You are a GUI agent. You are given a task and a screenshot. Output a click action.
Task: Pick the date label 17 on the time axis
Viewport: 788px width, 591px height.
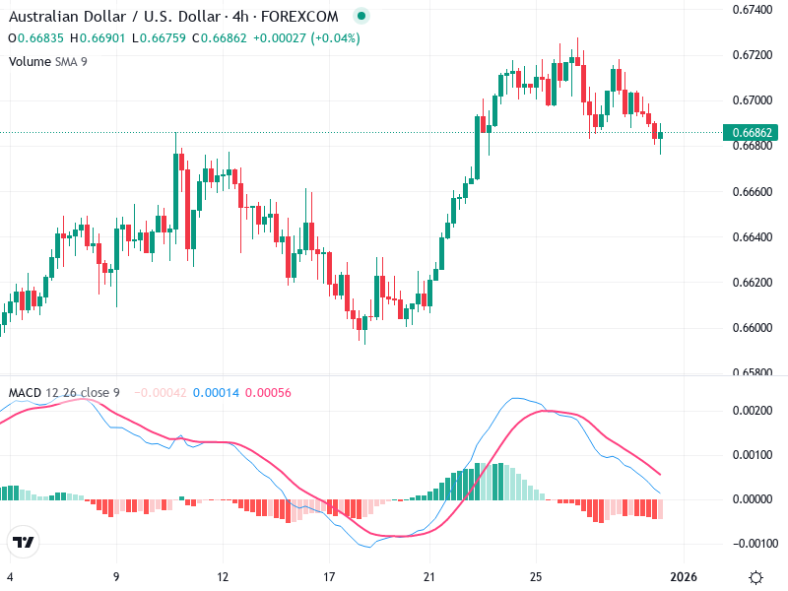coord(330,576)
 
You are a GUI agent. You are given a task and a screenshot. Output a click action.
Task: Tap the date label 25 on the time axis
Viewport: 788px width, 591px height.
coord(536,576)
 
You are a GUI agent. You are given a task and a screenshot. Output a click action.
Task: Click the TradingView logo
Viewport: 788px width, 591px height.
coord(24,542)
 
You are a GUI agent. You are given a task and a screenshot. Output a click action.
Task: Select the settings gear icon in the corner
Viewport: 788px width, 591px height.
coord(755,576)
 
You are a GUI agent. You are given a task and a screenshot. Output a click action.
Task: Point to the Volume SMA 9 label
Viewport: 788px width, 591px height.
coord(48,61)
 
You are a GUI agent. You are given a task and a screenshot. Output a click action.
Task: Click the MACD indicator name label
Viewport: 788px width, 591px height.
coord(25,393)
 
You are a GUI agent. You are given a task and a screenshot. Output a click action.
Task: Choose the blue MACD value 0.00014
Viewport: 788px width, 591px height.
coord(214,393)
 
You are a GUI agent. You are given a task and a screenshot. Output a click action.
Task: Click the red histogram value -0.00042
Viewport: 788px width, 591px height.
coord(161,393)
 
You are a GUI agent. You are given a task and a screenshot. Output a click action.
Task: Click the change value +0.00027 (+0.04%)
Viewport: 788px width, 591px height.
coord(307,38)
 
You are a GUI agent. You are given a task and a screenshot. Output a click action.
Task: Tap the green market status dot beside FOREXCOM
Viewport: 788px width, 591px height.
coord(361,16)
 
